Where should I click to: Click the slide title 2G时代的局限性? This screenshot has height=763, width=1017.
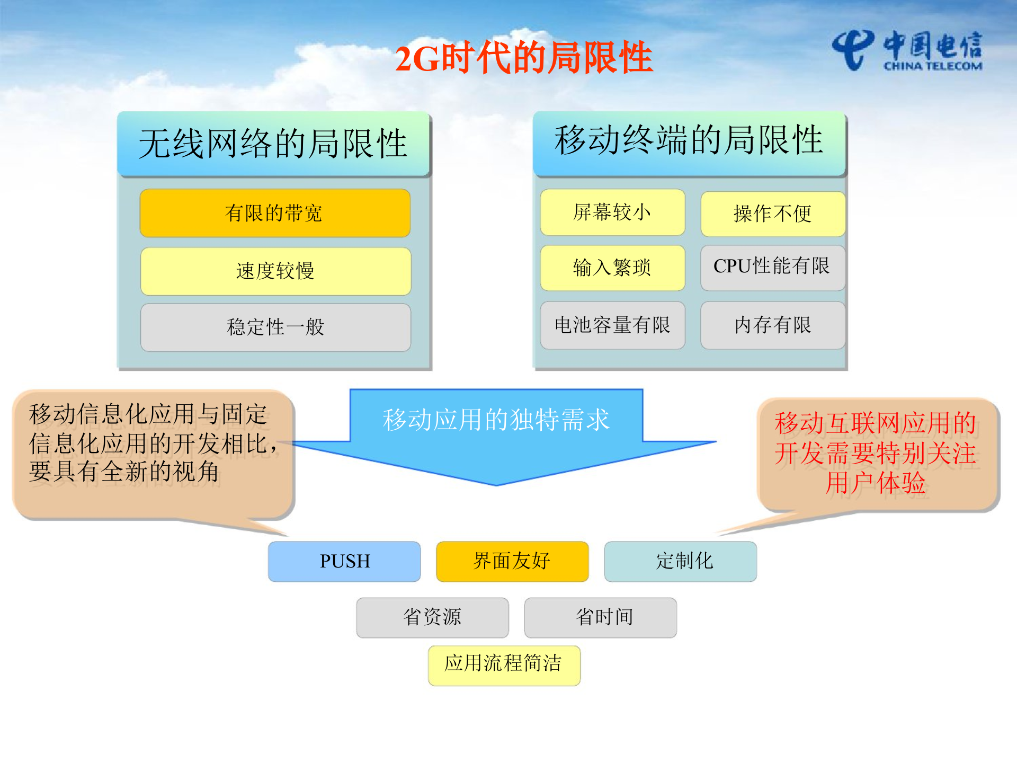(x=523, y=57)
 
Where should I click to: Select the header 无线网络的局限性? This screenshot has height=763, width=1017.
(x=273, y=144)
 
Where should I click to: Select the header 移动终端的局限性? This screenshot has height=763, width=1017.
(x=689, y=141)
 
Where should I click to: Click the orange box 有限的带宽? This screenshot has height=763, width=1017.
(x=274, y=213)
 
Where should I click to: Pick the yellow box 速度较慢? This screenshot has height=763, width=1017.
(x=275, y=271)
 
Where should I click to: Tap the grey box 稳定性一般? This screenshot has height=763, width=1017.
(x=275, y=327)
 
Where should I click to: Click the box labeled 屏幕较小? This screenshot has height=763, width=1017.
(x=612, y=212)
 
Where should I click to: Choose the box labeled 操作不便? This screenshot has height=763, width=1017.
(x=772, y=214)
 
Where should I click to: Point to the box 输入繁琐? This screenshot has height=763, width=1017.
(x=612, y=268)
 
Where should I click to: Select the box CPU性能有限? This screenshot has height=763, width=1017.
(x=772, y=267)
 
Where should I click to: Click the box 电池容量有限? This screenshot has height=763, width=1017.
(x=612, y=325)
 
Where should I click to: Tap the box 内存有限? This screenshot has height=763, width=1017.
(x=772, y=325)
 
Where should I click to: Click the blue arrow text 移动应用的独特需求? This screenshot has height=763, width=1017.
(x=496, y=420)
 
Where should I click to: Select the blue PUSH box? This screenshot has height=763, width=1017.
(x=344, y=561)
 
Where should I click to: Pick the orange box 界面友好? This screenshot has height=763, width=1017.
(x=512, y=561)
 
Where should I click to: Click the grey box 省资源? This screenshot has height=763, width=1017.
(x=432, y=617)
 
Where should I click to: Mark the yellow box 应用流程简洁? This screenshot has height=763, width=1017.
(x=504, y=665)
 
